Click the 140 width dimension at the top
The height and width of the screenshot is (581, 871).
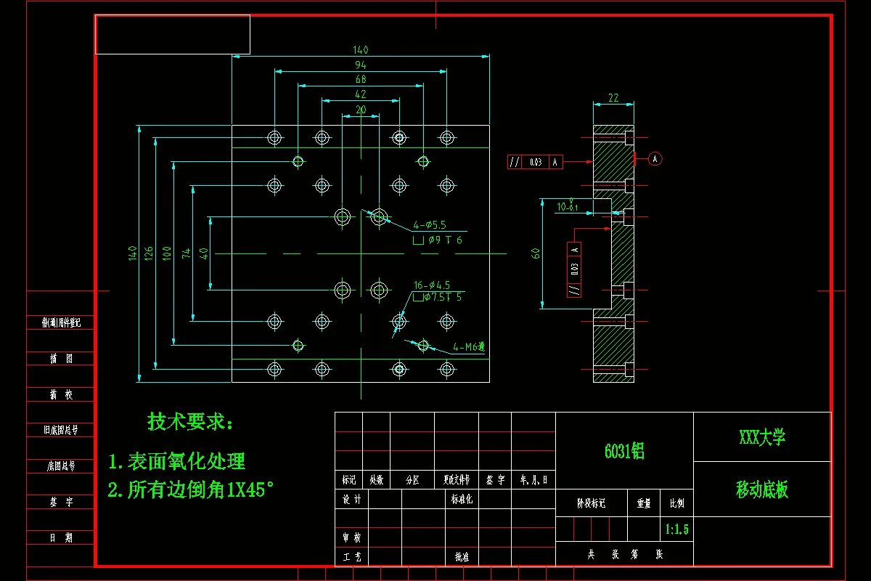coord(361,50)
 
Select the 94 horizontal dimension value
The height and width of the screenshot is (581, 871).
coord(361,65)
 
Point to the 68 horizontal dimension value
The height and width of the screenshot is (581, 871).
coord(361,79)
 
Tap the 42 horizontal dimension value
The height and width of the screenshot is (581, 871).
coord(361,94)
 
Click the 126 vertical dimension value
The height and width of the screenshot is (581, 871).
coord(149,253)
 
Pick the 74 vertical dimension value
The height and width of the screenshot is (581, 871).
coord(187,253)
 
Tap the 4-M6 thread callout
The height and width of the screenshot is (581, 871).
coord(467,347)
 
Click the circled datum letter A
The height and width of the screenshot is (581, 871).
coord(655,158)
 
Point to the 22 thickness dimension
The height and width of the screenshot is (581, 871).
coord(613,98)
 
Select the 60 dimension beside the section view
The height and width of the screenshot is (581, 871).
coord(536,253)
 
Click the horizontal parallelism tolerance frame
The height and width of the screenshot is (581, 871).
coord(536,162)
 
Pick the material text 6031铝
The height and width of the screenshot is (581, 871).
coord(624,451)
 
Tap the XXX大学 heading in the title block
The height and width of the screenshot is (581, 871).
coord(762,437)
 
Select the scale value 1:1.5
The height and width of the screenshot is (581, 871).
coord(676,529)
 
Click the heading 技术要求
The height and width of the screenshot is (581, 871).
coord(191,421)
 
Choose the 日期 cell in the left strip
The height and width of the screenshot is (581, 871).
coord(61,538)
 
